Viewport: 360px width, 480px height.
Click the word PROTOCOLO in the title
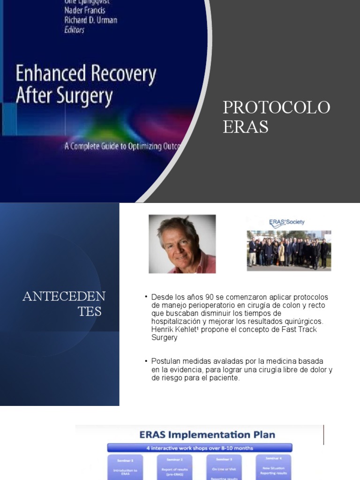tap(277, 107)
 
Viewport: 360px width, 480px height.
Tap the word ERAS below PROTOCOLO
tap(246, 127)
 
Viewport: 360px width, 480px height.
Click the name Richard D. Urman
tap(90, 20)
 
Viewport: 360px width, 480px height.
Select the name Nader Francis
tap(84, 10)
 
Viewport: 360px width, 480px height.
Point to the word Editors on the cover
tap(74, 30)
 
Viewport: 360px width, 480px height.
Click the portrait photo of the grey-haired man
tap(182, 244)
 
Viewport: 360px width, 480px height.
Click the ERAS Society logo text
tap(287, 222)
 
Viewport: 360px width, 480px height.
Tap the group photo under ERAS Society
tap(289, 251)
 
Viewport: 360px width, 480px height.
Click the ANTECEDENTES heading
tap(64, 303)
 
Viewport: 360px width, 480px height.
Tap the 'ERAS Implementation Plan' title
tap(207, 435)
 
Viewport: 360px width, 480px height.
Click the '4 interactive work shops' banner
tap(200, 448)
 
